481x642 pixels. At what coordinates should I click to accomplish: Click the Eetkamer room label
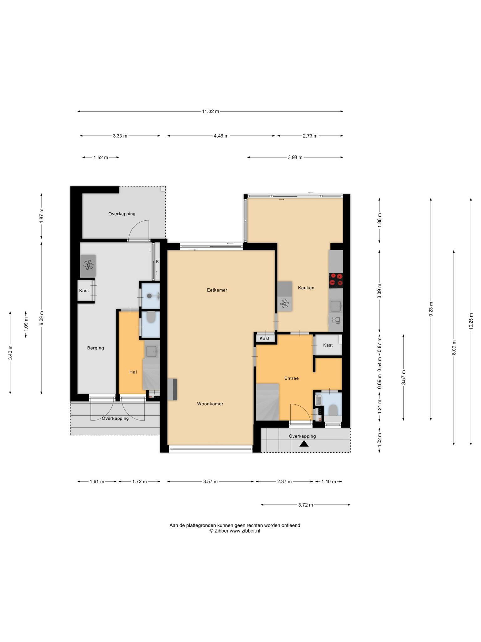[217, 290]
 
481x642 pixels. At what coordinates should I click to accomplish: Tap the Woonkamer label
[210, 404]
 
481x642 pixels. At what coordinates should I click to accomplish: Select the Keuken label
[306, 288]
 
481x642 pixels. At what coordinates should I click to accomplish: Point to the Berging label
[96, 348]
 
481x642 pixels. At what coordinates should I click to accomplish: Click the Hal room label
[133, 372]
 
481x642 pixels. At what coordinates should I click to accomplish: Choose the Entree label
[292, 378]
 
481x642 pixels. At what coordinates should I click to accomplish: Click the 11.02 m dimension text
[210, 111]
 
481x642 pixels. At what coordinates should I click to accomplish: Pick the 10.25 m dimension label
[471, 321]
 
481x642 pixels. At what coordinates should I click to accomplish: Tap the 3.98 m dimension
[295, 157]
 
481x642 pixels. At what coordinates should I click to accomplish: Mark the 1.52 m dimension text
[101, 157]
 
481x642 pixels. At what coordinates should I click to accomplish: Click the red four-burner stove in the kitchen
[336, 280]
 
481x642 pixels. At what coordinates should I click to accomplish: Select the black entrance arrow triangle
[304, 444]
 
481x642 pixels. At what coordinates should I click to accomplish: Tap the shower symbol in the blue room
[151, 296]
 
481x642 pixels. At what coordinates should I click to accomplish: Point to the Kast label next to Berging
[84, 291]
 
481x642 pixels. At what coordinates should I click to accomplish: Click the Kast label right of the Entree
[328, 345]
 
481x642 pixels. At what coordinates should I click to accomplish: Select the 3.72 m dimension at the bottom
[305, 505]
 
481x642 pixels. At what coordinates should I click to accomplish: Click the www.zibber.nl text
[245, 531]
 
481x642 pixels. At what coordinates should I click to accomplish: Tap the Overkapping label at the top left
[122, 214]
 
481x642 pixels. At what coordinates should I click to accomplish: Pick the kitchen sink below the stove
[336, 306]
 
